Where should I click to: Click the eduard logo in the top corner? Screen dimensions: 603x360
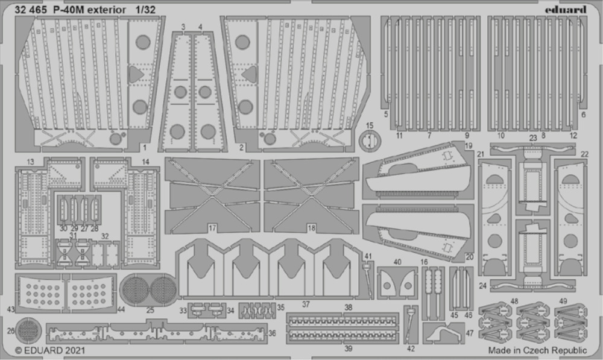[x=566, y=10]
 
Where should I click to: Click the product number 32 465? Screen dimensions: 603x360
[x=31, y=10]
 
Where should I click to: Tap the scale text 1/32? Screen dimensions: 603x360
[x=145, y=10]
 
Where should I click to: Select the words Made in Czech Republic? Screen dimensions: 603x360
[x=538, y=350]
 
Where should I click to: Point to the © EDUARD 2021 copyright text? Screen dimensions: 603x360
[x=50, y=350]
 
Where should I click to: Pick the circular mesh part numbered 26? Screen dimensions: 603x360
[x=29, y=330]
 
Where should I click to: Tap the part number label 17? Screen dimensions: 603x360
[x=212, y=229]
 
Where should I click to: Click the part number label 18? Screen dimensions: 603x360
[x=312, y=228]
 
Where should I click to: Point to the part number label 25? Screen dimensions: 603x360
[x=150, y=310]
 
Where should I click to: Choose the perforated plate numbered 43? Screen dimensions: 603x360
[x=40, y=292]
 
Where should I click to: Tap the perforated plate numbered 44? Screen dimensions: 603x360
[x=91, y=292]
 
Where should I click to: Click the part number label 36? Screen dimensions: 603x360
[x=273, y=333]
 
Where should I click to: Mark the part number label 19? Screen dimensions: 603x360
[x=469, y=146]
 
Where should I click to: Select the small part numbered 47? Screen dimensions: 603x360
[x=443, y=333]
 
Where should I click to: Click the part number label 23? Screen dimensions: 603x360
[x=533, y=137]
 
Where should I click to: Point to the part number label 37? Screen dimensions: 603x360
[x=306, y=305]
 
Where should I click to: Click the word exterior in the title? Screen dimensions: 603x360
[x=107, y=10]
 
